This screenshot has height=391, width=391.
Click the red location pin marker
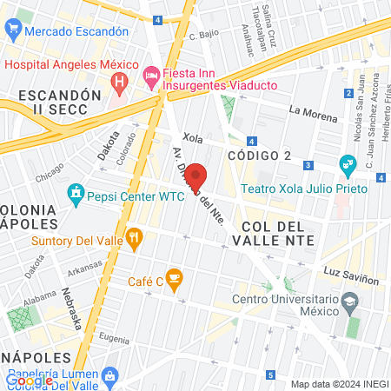click(195, 176)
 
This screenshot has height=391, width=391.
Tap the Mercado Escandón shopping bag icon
click(12, 30)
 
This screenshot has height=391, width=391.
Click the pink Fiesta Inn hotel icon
click(150, 76)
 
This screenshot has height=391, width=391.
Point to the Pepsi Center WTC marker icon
click(76, 192)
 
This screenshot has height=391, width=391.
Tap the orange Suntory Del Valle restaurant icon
click(134, 235)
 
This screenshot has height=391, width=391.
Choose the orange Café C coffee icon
click(174, 279)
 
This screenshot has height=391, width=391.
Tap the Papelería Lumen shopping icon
click(109, 375)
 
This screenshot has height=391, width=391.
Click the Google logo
click(29, 380)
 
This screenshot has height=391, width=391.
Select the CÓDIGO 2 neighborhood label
click(259, 155)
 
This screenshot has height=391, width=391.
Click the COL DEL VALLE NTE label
click(270, 234)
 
